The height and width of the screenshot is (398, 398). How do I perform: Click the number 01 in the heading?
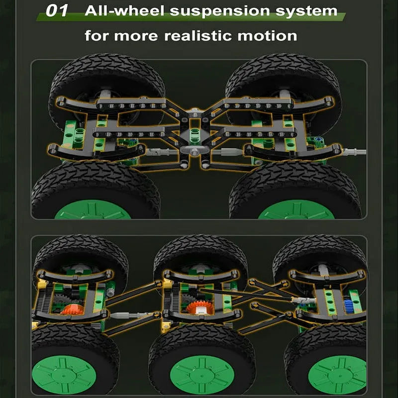coord(57,11)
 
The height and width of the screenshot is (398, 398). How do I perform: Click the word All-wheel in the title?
coord(125,10)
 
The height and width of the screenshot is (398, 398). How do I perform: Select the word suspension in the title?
coord(220,11)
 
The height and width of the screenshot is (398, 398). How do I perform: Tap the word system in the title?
coord(306,11)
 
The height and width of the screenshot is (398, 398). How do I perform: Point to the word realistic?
coord(198,35)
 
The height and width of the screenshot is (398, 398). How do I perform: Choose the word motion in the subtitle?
coord(267,36)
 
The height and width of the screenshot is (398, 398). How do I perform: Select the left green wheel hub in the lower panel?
coord(64,375)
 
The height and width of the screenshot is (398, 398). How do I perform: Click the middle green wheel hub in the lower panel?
coord(202,375)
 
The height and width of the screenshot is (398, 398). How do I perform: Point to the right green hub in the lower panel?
coord(337,375)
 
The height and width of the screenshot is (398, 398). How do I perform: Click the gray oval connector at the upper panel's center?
coord(195,151)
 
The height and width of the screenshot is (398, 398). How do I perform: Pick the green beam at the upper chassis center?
coord(195,136)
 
